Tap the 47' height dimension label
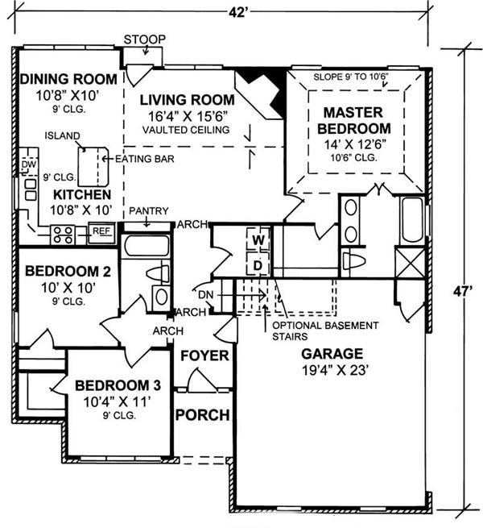[463, 291]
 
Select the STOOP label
[145, 39]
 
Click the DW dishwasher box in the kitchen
[29, 164]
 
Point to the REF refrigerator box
[101, 231]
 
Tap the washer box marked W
[258, 239]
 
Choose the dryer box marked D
[258, 266]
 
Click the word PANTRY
[149, 210]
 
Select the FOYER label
[204, 355]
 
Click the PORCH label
[203, 415]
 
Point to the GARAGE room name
[332, 354]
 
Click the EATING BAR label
[145, 159]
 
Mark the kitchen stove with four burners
[63, 235]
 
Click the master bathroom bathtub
[412, 220]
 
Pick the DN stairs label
[205, 295]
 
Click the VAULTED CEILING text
[186, 130]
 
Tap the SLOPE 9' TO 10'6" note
[351, 77]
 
